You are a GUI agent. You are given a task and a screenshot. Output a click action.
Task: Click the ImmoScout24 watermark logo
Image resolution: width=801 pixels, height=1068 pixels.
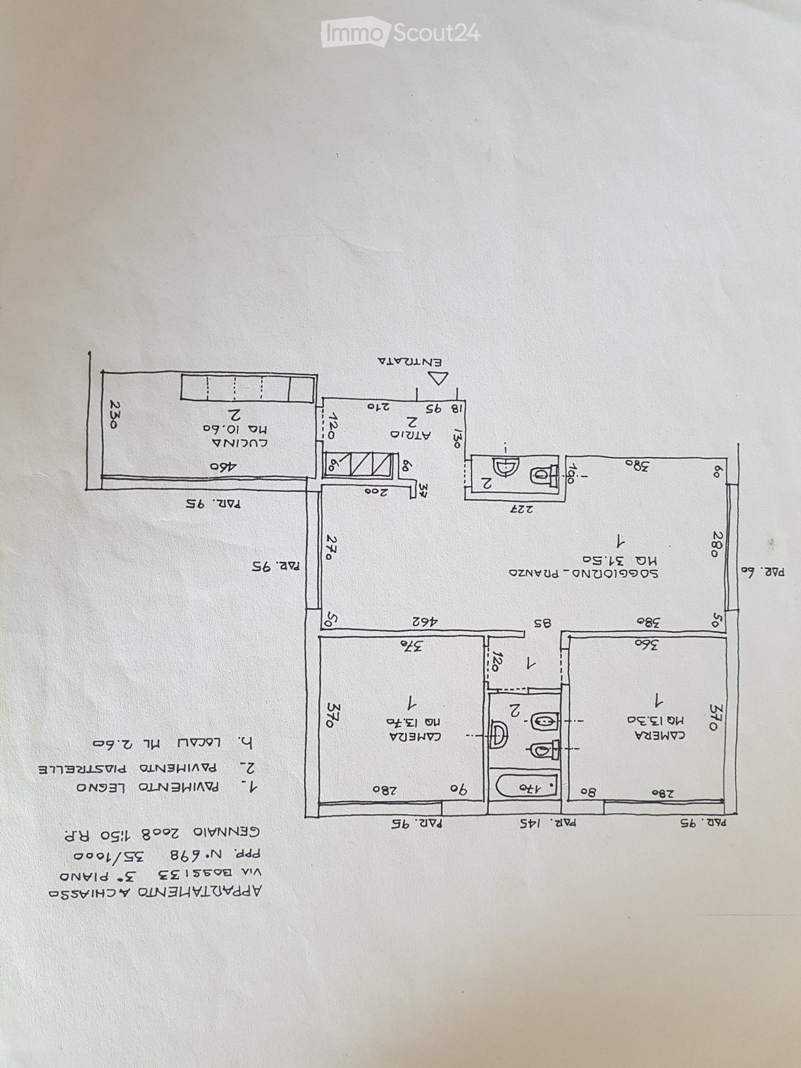[400, 34]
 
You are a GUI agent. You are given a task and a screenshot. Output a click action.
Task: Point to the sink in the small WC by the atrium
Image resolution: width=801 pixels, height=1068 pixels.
[504, 468]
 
